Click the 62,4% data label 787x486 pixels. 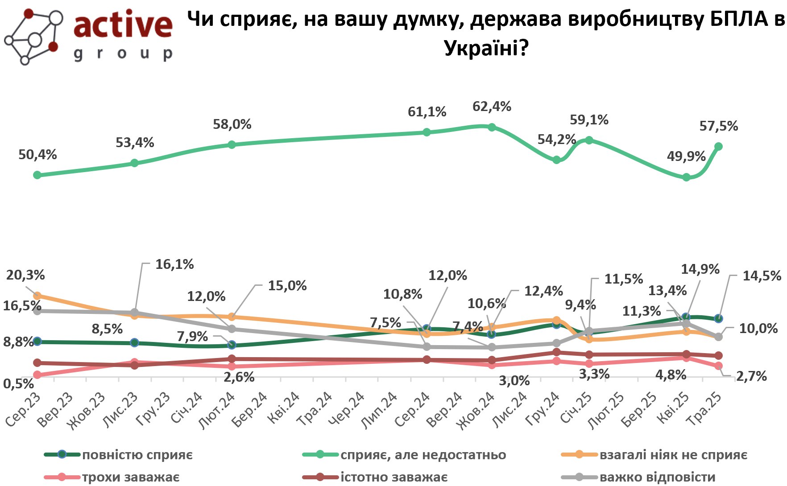(492, 107)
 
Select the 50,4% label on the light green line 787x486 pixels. (37, 155)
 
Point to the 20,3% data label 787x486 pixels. (25, 275)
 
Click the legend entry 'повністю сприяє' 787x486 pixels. (137, 455)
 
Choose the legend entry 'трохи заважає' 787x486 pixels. (130, 478)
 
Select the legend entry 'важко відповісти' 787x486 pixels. (657, 478)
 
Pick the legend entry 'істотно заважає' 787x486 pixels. (393, 478)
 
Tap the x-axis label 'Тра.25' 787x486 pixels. (704, 409)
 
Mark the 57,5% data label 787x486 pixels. (718, 127)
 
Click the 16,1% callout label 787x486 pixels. (174, 264)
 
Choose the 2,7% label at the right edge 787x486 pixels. (751, 377)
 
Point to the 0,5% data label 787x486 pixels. (19, 383)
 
